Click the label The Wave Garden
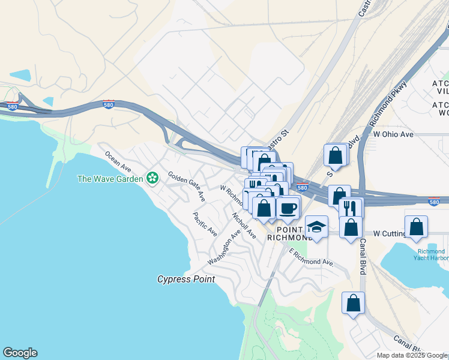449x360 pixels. coord(110,178)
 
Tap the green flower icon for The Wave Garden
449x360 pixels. coord(152,178)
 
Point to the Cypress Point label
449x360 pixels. coord(185,279)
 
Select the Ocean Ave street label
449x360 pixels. coord(118,160)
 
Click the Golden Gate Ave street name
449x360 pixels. coord(187,186)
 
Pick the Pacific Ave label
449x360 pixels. coord(205,224)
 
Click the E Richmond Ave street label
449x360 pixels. coord(310,257)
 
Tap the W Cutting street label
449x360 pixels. coord(394,233)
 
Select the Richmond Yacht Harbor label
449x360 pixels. coord(430,254)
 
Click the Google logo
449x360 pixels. coord(20,353)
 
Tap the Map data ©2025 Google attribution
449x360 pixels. coord(412,355)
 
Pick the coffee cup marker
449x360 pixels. coord(288,208)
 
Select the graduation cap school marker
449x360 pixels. coord(316,227)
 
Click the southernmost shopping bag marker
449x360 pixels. coord(354,302)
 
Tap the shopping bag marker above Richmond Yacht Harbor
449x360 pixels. coord(416,227)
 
